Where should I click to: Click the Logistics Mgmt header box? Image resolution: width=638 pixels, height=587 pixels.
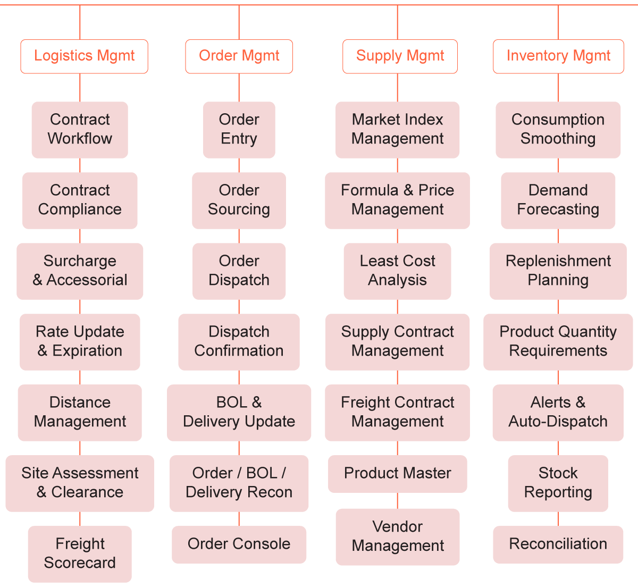pos(84,56)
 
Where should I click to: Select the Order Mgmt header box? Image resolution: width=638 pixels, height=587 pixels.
pos(239,56)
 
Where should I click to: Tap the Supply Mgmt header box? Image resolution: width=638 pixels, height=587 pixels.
pos(400,56)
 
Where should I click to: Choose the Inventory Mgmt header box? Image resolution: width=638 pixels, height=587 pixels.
pos(558,56)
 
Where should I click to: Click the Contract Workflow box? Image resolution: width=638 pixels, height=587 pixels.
pos(80,129)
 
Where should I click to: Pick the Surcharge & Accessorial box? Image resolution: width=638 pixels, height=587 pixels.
pos(80,271)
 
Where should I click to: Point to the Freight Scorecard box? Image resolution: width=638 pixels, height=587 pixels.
pos(80,554)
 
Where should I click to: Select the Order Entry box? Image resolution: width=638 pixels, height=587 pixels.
pos(239,129)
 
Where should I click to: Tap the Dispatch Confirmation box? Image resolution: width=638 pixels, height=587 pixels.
pos(239,341)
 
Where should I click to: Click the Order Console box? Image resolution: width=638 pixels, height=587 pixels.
pos(239,544)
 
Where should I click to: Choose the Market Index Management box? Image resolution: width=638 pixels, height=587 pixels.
pos(397,129)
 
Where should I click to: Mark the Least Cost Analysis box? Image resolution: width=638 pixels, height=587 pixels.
pos(397,271)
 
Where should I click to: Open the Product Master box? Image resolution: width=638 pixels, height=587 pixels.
pos(397,473)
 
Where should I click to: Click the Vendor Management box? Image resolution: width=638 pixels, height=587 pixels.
pos(397,536)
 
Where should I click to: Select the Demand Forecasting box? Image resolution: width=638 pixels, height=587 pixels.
pos(558,200)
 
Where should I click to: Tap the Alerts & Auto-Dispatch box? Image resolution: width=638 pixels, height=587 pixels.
pos(558,412)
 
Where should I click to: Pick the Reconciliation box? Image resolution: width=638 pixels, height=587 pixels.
pos(558,544)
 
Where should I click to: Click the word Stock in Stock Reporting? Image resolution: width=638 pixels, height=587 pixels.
pos(558,473)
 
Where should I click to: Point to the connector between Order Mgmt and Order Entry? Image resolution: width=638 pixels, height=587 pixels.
pos(239,88)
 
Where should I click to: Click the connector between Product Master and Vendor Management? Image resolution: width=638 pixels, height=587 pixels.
pos(398,501)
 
